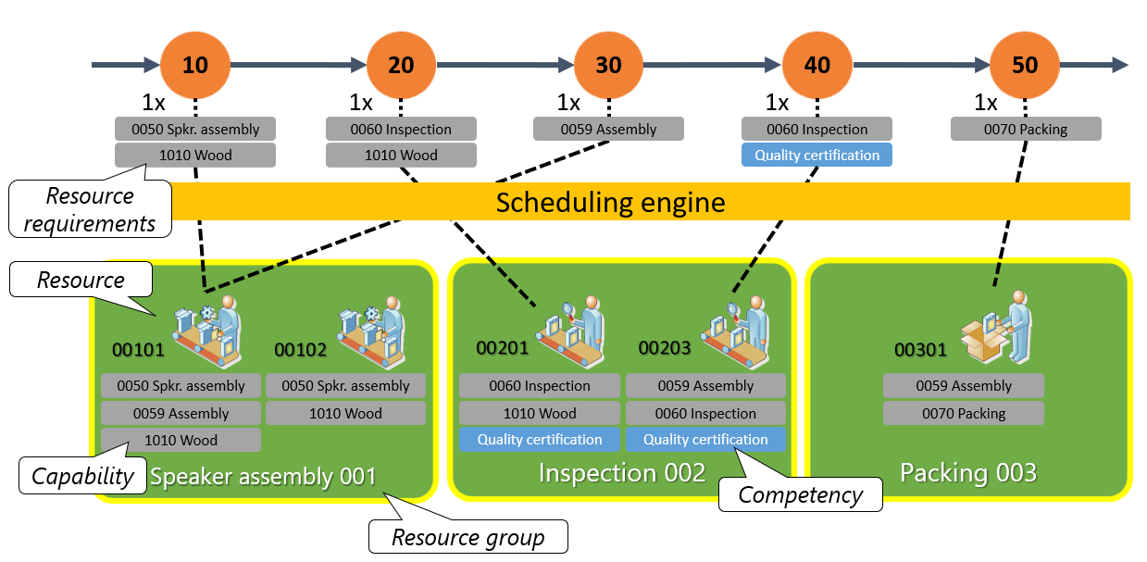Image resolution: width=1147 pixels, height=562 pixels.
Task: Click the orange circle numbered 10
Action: coord(195,65)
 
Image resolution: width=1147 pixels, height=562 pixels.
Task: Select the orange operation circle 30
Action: coord(608,65)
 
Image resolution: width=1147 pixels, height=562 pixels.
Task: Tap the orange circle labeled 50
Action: coord(1025,65)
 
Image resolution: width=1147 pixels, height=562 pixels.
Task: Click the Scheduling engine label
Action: coord(610,202)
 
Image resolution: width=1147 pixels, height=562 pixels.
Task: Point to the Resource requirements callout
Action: coord(90,209)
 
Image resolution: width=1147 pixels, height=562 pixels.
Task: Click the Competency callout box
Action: coord(801,494)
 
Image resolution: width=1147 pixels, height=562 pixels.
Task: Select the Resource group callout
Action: coord(468,536)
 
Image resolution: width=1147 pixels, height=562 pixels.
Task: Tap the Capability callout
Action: coord(82,475)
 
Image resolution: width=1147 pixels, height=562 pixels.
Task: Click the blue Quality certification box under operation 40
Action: coord(817,155)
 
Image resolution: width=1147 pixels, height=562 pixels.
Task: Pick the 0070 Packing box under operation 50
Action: coord(1026,129)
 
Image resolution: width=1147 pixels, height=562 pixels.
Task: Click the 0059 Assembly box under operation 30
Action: coord(608,129)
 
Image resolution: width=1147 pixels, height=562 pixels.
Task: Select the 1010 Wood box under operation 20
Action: coord(401,155)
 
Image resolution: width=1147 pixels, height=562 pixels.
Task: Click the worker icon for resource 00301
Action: coord(996,328)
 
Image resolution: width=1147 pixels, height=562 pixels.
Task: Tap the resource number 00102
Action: coord(300,350)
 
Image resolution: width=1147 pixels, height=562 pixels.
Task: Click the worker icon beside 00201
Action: coord(571,332)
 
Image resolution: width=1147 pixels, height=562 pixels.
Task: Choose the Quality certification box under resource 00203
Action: coord(705,440)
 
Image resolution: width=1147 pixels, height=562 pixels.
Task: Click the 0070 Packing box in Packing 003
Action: coord(964,413)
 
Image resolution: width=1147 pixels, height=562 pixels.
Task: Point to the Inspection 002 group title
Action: coord(622,472)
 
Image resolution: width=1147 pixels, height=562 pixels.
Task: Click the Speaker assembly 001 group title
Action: coord(263,477)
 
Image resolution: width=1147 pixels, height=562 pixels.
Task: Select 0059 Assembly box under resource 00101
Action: coord(181,413)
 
